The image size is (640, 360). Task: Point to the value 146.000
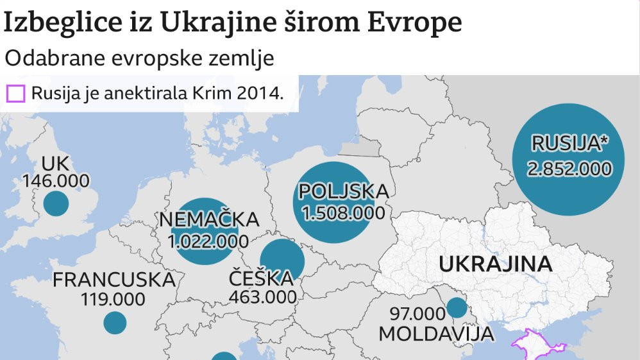(56, 181)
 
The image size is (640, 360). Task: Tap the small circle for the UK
(56, 205)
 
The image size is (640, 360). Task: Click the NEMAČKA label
(209, 220)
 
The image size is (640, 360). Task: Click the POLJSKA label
(343, 191)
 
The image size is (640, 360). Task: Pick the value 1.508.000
(343, 212)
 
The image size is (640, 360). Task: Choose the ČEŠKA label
(261, 279)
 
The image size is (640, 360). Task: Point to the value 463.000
(263, 297)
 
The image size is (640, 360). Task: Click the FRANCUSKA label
(114, 280)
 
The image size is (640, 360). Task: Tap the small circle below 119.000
(115, 322)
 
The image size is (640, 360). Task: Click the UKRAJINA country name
(496, 264)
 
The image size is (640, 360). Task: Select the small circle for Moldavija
(457, 308)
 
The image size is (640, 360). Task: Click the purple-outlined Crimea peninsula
(535, 347)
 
